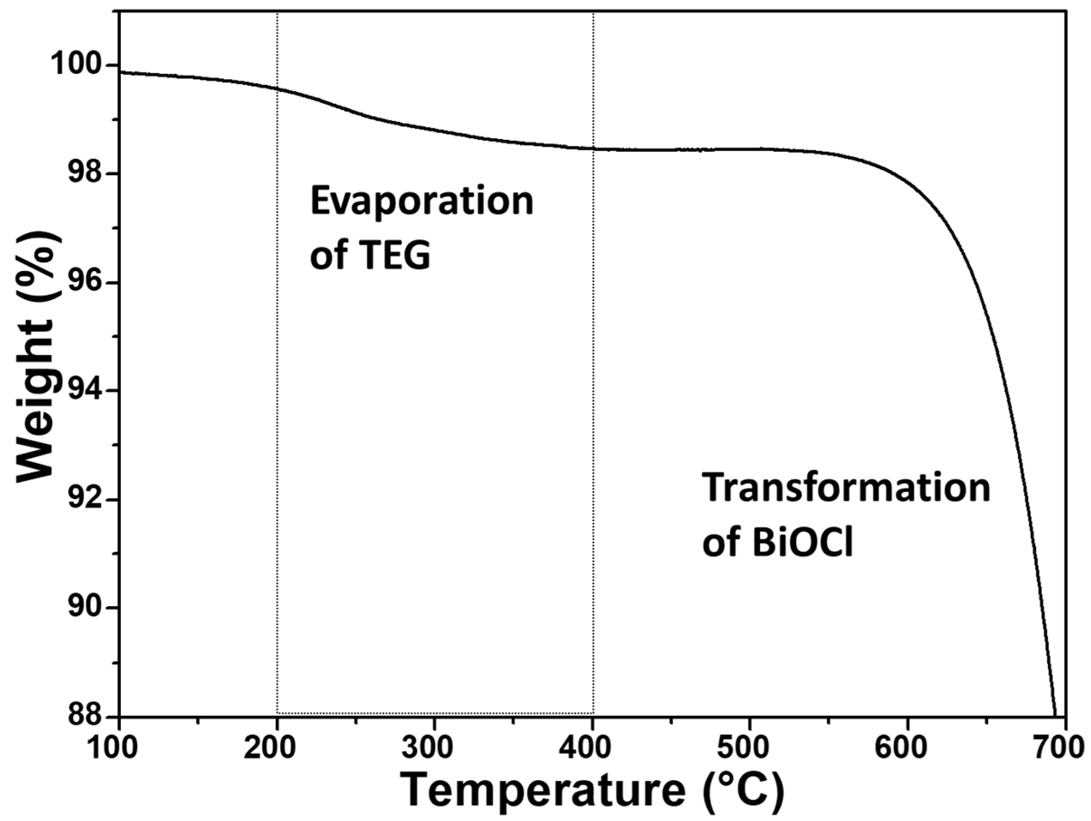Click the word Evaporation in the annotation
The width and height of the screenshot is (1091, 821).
point(422,202)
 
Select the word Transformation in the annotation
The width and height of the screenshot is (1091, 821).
point(846,487)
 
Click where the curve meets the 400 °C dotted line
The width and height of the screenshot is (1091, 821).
point(593,148)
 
